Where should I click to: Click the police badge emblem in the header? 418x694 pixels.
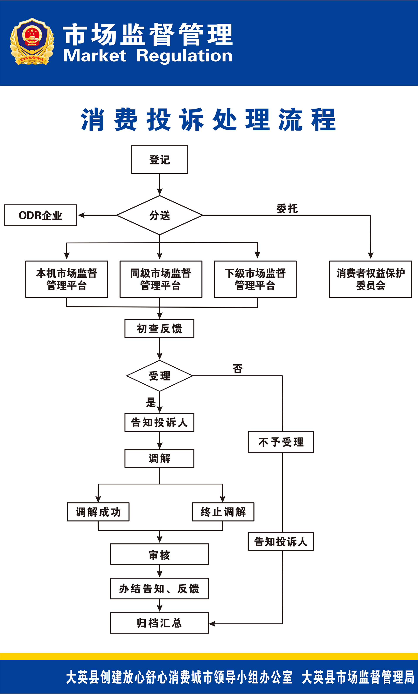coord(32,42)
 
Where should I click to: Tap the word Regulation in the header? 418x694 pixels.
coord(184,56)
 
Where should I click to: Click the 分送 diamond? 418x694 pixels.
coord(159,215)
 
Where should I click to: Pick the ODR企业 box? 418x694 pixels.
coord(40,215)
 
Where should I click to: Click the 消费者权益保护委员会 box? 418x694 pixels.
coord(370,279)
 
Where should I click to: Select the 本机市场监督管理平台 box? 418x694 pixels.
coord(66,279)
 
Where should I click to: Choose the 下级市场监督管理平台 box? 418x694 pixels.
coord(255,279)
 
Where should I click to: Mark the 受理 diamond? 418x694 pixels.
coord(159,376)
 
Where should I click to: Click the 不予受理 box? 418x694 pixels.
coord(281,442)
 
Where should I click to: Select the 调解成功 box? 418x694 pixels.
coord(98,512)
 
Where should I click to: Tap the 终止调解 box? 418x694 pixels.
coord(223,512)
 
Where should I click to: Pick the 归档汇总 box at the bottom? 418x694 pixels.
coord(159,623)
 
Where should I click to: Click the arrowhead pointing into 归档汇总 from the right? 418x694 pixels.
coord(212,624)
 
